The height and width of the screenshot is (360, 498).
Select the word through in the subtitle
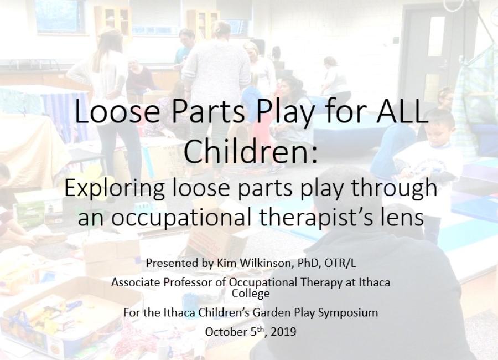point(398,188)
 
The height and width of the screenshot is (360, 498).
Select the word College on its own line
point(251,293)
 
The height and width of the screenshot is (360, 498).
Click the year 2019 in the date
point(283,332)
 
